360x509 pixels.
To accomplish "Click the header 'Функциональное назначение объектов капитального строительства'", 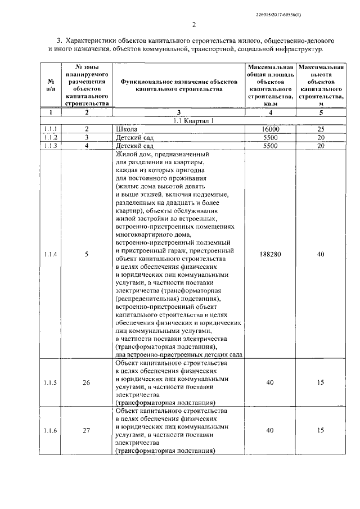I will (x=179, y=85).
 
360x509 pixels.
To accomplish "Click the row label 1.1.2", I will (x=51, y=137).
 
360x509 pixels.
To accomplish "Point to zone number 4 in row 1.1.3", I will (x=87, y=146).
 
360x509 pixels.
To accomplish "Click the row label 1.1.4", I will (x=51, y=254).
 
